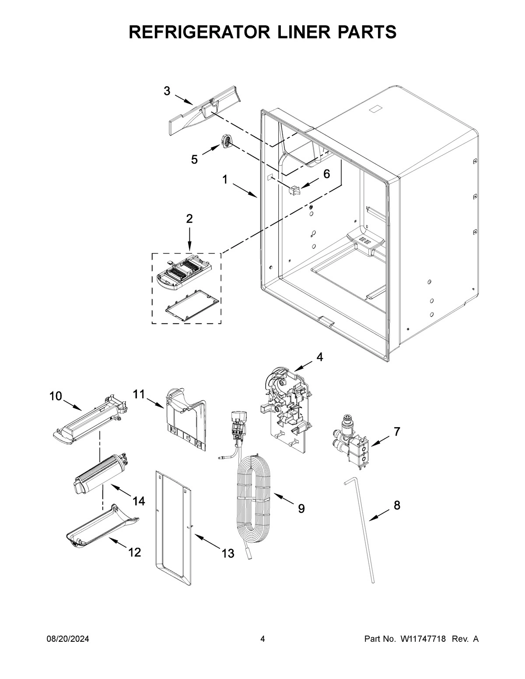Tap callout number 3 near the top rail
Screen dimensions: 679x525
[167, 91]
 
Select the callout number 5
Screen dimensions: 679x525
[194, 160]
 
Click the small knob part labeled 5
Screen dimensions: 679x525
[226, 141]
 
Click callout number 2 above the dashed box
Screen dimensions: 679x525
[189, 219]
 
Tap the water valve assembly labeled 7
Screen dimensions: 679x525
[353, 442]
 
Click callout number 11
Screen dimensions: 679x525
[139, 394]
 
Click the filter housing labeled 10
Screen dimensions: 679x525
[90, 422]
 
